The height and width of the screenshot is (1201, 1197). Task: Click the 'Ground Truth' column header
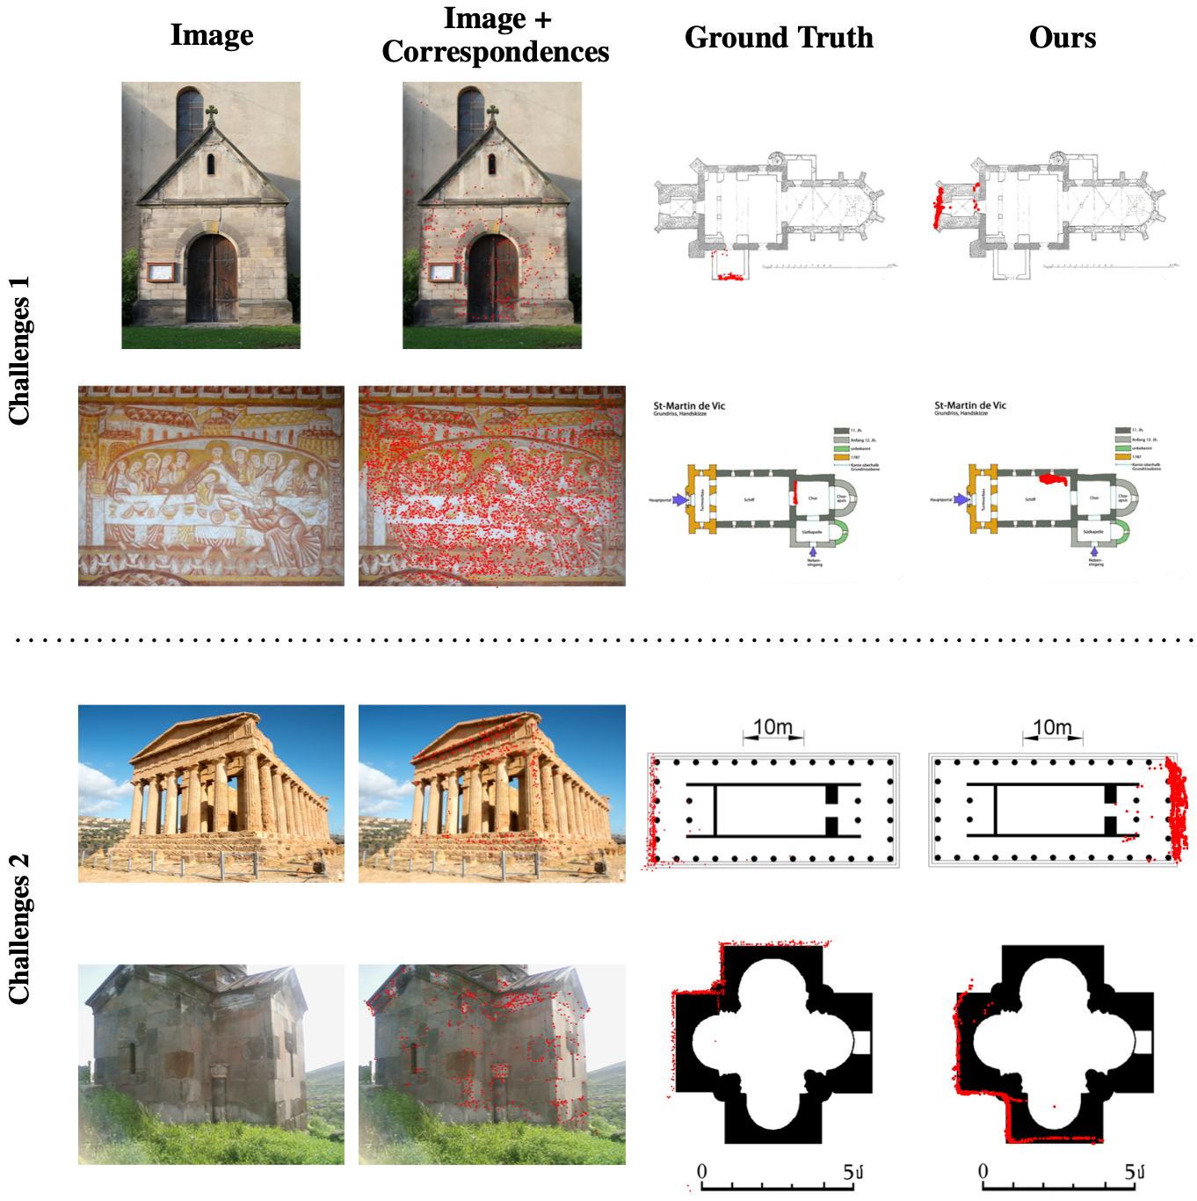point(779,38)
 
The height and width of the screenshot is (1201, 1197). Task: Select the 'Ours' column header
point(1062,38)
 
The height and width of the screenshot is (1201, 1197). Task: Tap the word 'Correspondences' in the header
point(495,52)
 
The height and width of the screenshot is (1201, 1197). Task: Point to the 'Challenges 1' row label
point(19,350)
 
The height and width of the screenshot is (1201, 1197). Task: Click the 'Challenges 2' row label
point(19,928)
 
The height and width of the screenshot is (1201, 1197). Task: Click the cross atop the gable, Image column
point(211,113)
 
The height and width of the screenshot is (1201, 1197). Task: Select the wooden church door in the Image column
point(212,280)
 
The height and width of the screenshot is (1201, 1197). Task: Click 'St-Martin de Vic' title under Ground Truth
point(689,406)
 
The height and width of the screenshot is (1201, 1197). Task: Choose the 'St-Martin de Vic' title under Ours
point(970,406)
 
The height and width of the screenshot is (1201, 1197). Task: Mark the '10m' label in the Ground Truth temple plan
point(773,727)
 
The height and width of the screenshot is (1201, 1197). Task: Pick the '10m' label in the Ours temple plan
point(1052,727)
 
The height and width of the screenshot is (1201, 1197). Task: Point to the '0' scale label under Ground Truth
point(701,1172)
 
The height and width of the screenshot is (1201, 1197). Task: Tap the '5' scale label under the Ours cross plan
point(1130,1172)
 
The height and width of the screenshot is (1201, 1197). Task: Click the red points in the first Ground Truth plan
point(729,277)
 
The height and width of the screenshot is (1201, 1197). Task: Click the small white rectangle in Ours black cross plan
point(1143,1042)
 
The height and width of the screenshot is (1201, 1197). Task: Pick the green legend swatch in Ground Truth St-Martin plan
point(841,448)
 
